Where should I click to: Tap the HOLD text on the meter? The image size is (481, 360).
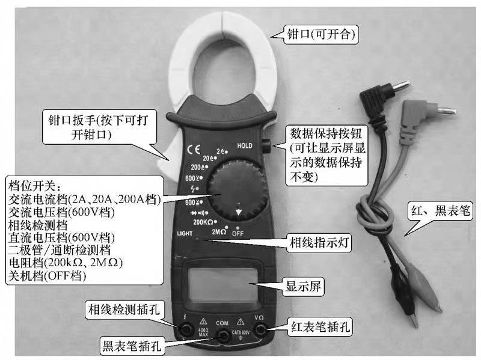[x=245, y=146]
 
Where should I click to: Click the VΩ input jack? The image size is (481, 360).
[x=259, y=328]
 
